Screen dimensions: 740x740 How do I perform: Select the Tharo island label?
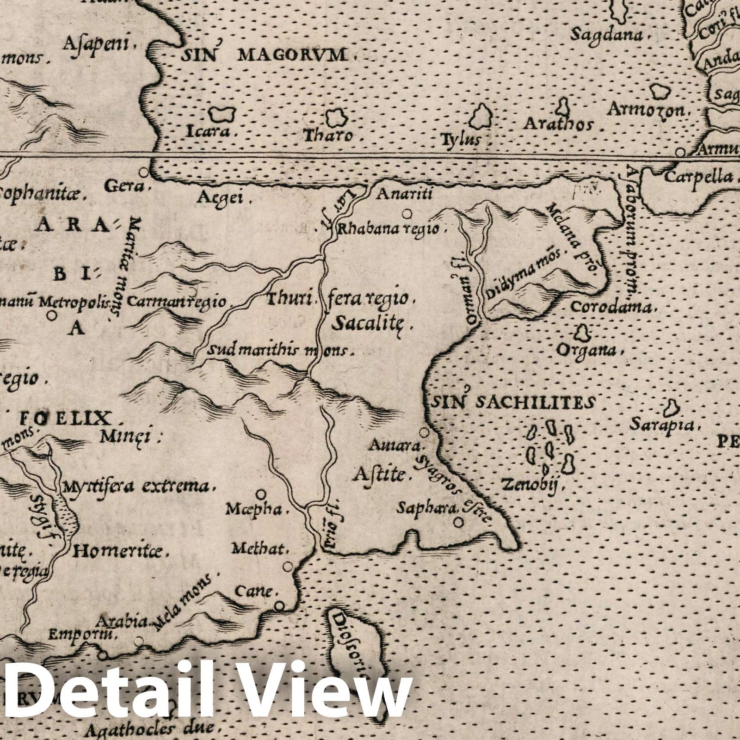pos(328,136)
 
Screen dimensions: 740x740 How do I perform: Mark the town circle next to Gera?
pos(144,172)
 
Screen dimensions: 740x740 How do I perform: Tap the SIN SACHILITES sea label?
pos(512,401)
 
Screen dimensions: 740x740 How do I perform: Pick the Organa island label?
pos(585,351)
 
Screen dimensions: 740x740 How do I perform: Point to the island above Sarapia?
pos(669,409)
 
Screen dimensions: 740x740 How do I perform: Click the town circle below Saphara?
pos(458,522)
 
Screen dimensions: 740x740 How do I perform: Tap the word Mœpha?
pos(253,509)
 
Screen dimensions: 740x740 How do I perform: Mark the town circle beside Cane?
pos(279,606)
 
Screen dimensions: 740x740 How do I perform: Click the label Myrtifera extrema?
pos(138,486)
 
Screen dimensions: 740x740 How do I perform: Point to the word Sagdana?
pos(606,35)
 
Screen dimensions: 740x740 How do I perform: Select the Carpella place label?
pos(698,177)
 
